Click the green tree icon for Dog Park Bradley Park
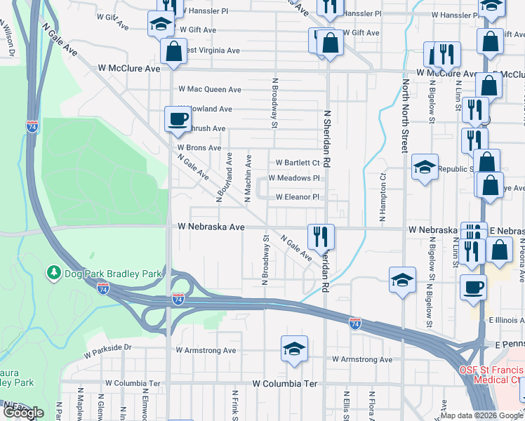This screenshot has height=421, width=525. coord(53,272)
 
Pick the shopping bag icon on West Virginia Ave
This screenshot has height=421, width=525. coord(173,51)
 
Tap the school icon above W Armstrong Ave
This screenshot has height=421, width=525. coord(293,348)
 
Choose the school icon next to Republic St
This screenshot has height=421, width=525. coord(425,167)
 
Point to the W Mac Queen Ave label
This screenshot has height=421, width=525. coord(209,90)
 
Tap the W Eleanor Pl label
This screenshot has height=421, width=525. coord(297,197)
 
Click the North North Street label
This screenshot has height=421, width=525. coord(405,114)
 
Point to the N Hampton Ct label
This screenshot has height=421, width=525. coord(383,199)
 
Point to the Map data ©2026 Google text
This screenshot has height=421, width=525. coord(481,415)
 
